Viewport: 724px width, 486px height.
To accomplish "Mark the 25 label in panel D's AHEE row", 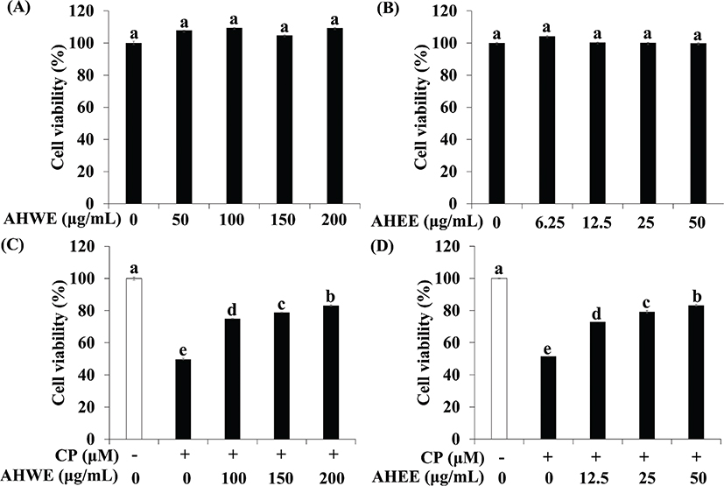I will (646, 477).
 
